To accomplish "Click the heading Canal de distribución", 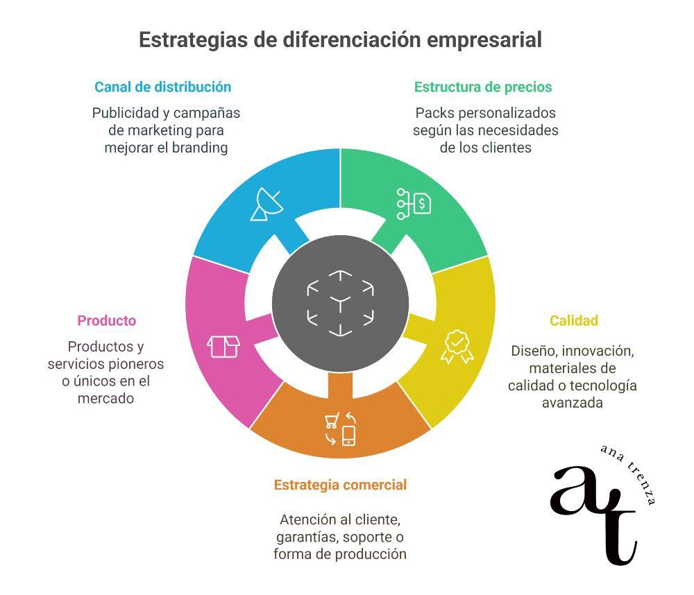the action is (163, 87).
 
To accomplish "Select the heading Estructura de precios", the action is (483, 87).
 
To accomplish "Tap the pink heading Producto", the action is (107, 320).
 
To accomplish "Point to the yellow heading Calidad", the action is (574, 320).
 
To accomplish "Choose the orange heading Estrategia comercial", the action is (340, 485).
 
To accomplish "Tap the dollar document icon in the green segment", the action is (414, 204).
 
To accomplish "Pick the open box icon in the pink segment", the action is (223, 346).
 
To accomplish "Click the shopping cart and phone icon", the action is (340, 429).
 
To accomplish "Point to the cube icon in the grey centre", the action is (340, 304).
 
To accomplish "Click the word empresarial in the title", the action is (484, 40).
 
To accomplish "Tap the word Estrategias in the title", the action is (193, 40).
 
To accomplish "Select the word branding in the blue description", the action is (200, 147).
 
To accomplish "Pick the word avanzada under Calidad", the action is (573, 403).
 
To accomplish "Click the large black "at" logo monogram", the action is (594, 515).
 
